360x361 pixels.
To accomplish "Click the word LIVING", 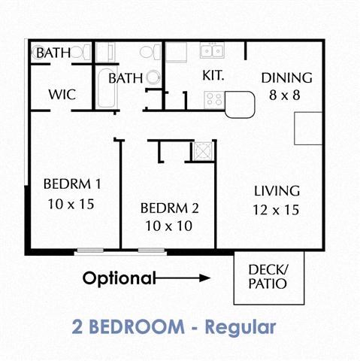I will (276, 191).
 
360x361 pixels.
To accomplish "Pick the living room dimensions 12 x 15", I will (276, 210).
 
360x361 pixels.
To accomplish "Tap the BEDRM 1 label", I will (72, 184).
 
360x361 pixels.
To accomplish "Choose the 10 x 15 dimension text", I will (72, 204).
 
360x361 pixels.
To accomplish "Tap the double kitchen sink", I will (212, 51).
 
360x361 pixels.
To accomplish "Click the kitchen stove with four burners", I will (213, 99).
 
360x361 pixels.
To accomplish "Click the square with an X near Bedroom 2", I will (202, 151).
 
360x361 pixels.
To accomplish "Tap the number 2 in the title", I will (78, 328).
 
